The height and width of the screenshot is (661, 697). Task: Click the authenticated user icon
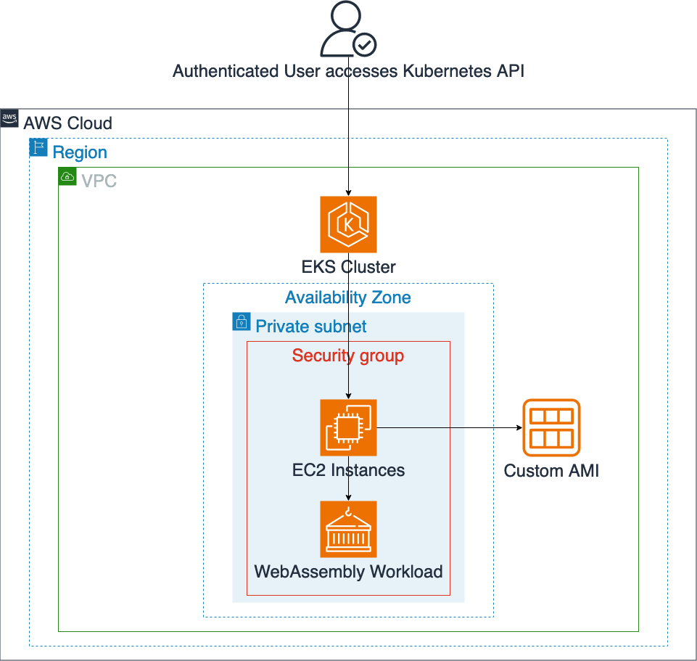point(348,28)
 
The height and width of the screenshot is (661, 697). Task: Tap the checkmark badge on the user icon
point(365,44)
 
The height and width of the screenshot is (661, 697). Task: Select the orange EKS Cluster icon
point(348,225)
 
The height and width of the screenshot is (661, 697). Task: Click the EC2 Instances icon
point(348,427)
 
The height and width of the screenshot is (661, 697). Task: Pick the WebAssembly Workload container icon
point(348,530)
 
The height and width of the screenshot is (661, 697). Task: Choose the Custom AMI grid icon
point(551,427)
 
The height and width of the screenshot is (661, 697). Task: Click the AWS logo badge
point(9,118)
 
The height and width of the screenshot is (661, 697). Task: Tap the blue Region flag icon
point(38,147)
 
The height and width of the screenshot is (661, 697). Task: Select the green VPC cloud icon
point(67,176)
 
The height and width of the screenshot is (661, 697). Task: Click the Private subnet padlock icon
point(242,321)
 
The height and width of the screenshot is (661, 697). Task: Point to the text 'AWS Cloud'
point(67,123)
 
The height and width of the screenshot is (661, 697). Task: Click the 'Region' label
point(80,152)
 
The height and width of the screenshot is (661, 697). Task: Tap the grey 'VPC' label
point(99,181)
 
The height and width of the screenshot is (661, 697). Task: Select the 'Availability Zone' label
point(348,297)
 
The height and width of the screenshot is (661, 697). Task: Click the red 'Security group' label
point(348,356)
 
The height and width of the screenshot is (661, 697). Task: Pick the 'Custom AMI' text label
point(551,471)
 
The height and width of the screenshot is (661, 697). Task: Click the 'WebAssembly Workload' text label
point(348,572)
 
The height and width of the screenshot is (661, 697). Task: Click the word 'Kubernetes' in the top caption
point(447,71)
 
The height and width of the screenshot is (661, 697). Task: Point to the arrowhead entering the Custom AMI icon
point(519,427)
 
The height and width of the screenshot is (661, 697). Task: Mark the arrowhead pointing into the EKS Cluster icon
point(348,193)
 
